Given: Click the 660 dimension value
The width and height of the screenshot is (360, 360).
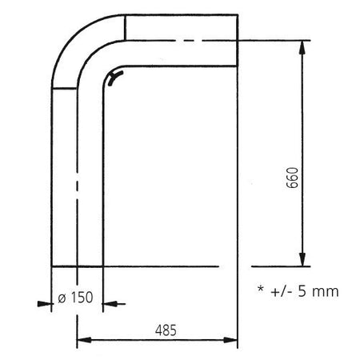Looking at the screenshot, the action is tap(293, 178).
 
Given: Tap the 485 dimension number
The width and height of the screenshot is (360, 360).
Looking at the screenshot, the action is tap(166, 330).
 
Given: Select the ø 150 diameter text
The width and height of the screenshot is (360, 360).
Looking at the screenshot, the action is tap(75, 298).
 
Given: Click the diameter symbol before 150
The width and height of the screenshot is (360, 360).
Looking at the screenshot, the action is tap(62, 298).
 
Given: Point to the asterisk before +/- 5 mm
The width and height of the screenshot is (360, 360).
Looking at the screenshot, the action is tap(261, 289).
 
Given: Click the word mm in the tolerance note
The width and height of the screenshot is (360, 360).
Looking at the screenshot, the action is tap(326, 293).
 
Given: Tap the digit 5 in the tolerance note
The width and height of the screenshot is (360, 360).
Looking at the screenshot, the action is tap(302, 291).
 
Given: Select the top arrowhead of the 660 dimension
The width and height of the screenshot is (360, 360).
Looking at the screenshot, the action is tap(302, 47).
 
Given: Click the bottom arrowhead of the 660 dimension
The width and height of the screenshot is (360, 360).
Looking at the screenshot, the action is tap(302, 259).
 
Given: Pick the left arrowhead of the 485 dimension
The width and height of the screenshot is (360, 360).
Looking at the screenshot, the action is tap(84, 340).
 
